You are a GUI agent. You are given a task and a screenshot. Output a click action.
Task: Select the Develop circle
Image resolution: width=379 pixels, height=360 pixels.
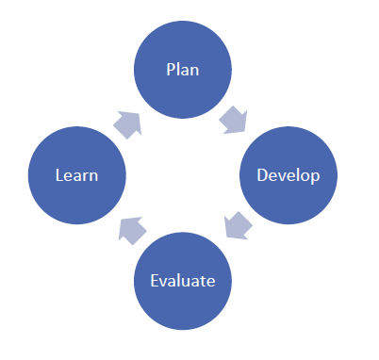pyautogui.click(x=288, y=175)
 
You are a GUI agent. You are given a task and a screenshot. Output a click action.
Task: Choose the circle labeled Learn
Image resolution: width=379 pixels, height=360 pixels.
pyautogui.click(x=77, y=175)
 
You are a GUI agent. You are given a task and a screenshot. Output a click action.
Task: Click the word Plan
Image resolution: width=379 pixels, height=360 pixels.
pyautogui.click(x=183, y=70)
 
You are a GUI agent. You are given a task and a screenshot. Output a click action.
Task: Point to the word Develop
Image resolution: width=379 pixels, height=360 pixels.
pyautogui.click(x=288, y=175)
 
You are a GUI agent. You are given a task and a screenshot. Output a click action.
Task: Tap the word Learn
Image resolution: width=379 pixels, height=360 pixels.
pyautogui.click(x=76, y=175)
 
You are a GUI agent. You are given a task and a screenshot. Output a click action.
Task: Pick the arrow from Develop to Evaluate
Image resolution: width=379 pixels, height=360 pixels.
pyautogui.click(x=238, y=227)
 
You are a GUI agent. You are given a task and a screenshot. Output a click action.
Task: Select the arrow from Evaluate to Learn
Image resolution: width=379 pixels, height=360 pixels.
pyautogui.click(x=131, y=229)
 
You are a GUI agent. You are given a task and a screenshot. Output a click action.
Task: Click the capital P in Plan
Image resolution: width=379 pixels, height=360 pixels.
pyautogui.click(x=170, y=70)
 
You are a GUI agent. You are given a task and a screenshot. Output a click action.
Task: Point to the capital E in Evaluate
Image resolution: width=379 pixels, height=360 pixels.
pyautogui.click(x=155, y=280)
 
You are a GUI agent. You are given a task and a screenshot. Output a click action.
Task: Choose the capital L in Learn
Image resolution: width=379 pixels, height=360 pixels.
pyautogui.click(x=58, y=175)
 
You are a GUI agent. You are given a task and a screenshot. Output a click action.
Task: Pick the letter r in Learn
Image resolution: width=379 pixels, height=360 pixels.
pyautogui.click(x=85, y=176)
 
